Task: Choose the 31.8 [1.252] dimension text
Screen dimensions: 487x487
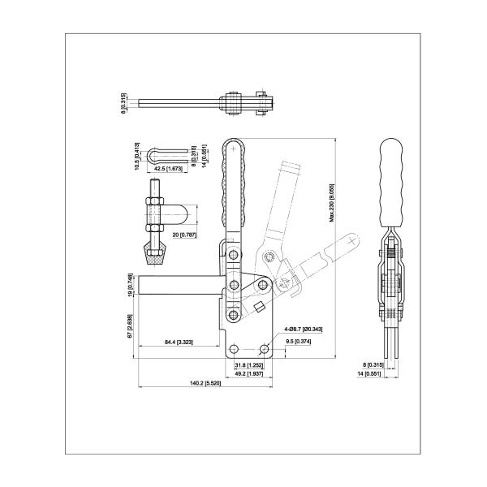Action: tap(248, 365)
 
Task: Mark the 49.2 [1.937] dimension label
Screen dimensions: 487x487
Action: tap(248, 374)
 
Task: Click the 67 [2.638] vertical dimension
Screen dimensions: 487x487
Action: tap(132, 323)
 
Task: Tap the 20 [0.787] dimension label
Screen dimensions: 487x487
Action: tap(183, 235)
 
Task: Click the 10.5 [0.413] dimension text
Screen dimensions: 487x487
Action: tap(137, 153)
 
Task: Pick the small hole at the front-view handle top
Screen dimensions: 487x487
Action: tap(235, 149)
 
